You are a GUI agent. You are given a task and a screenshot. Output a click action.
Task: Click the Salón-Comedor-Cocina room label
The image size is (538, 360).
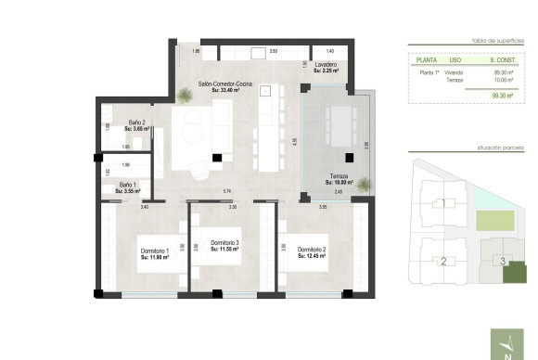coord(225,86)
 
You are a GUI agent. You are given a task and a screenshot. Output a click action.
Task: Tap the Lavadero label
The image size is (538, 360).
coord(326,67)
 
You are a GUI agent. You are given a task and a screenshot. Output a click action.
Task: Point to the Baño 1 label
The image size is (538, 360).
coord(129,186)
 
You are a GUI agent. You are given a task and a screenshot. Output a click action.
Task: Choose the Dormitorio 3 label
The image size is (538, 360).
coord(224,245)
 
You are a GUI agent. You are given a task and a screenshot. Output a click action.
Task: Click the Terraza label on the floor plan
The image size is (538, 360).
coord(339,179)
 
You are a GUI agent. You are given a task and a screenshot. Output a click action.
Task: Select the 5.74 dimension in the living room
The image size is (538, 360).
coord(226,191)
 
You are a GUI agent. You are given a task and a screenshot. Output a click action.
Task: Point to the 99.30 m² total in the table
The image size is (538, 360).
coord(503,94)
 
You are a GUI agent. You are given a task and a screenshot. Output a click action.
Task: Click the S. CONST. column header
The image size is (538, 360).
coord(502,62)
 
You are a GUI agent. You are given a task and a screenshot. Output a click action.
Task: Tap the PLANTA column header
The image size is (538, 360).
coord(428,62)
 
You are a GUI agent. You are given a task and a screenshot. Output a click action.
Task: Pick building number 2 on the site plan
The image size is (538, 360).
coord(443,261)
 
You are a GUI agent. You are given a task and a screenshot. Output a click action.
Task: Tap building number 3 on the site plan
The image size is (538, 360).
coord(503,261)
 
